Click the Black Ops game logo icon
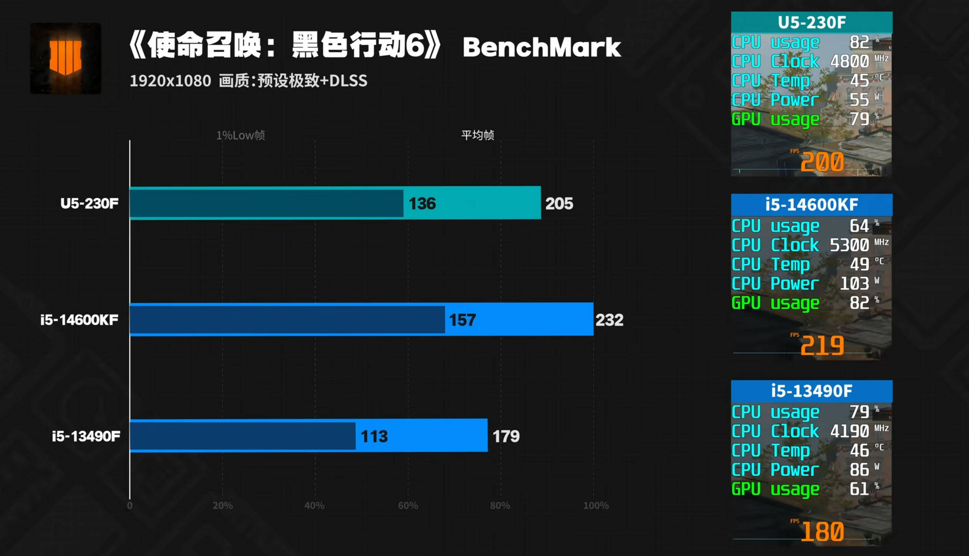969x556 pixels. tap(65, 58)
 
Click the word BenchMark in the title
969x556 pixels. tap(541, 47)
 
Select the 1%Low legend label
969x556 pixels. tap(240, 135)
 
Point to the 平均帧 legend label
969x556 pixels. tap(477, 135)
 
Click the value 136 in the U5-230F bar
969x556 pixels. tap(422, 203)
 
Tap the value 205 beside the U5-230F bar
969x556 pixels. tap(559, 203)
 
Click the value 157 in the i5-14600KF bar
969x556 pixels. tap(462, 320)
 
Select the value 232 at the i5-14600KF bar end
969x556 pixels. tap(609, 320)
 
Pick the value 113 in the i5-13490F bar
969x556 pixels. tap(374, 436)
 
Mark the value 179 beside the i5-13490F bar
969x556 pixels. tap(506, 436)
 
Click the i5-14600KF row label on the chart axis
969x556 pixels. tap(80, 320)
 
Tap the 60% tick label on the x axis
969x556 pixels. tap(408, 505)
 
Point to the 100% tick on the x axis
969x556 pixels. tap(596, 505)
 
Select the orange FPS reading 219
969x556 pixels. tap(822, 345)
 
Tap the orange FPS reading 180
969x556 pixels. tap(822, 531)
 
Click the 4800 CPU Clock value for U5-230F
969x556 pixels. tap(849, 61)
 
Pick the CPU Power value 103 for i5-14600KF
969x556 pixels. tap(854, 283)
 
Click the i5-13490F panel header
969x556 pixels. tap(812, 391)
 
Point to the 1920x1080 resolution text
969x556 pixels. tap(170, 81)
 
